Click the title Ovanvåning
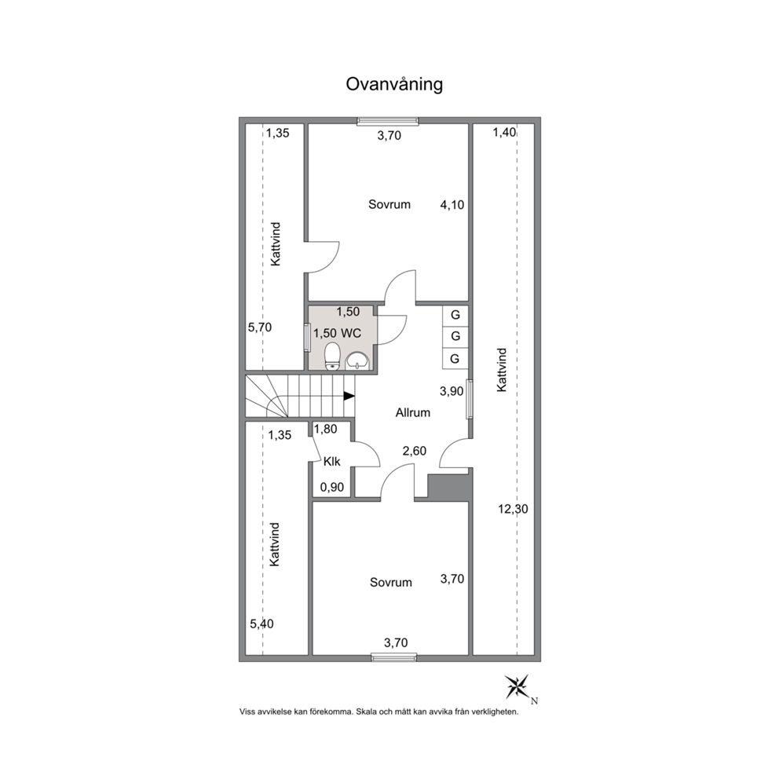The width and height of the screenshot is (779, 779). click(x=394, y=85)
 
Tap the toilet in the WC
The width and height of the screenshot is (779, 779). click(x=332, y=356)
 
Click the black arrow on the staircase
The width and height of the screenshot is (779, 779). click(x=349, y=396)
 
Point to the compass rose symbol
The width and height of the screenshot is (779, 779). click(x=518, y=687)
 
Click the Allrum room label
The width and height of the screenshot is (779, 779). click(x=413, y=412)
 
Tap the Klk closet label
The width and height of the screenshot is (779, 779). click(x=332, y=462)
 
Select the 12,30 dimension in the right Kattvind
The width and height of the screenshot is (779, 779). click(x=514, y=509)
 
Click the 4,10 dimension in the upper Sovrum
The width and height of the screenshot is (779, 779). click(x=452, y=205)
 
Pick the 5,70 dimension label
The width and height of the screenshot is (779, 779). click(x=260, y=327)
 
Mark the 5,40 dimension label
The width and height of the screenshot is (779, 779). click(x=261, y=624)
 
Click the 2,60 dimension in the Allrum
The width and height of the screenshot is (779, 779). click(x=415, y=451)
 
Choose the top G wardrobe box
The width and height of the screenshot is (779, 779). click(x=455, y=315)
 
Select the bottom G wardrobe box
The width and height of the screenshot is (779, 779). click(x=455, y=358)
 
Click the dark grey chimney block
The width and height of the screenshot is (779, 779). click(x=448, y=488)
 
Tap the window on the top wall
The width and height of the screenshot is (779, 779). click(x=388, y=121)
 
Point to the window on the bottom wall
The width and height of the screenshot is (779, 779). click(x=394, y=658)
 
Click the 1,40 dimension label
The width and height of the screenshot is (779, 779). click(x=504, y=133)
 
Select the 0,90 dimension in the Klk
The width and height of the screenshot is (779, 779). click(x=332, y=488)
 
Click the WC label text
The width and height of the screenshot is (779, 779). click(x=351, y=333)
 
